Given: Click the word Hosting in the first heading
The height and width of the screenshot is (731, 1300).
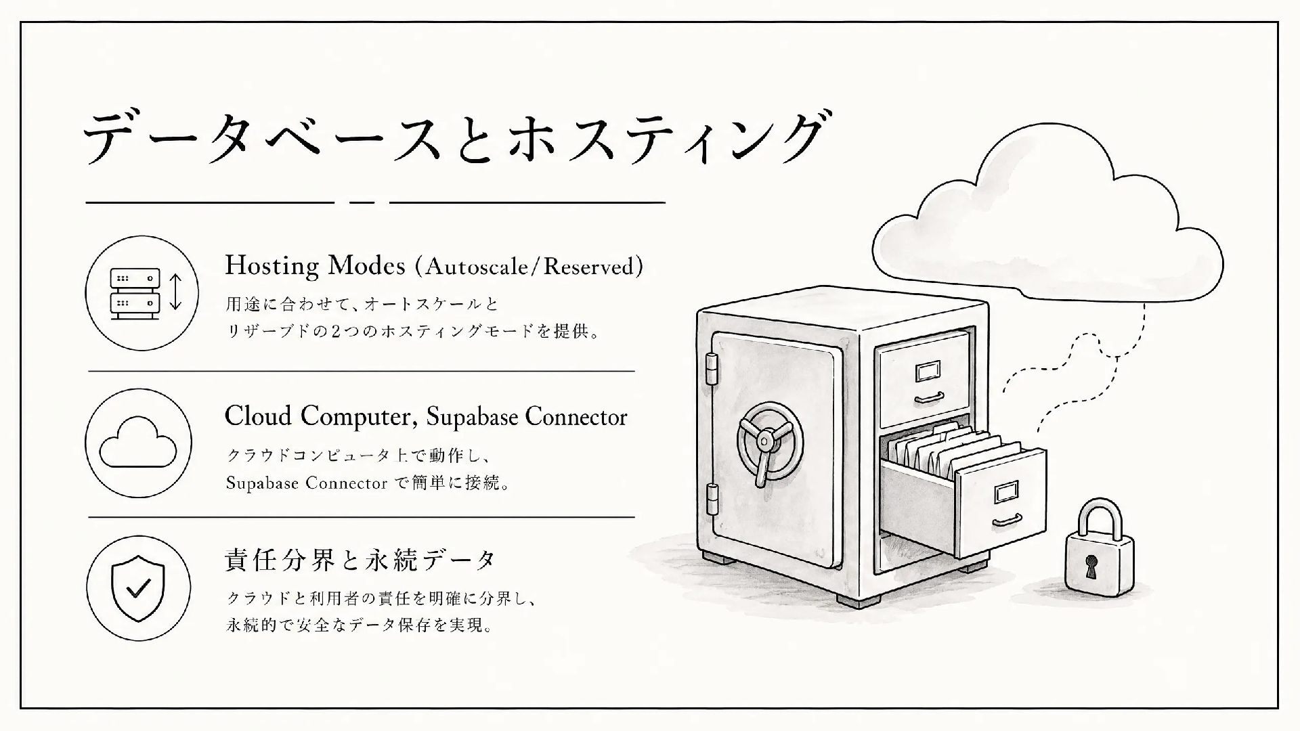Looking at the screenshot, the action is [272, 266].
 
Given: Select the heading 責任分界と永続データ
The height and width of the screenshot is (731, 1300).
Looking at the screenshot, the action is [360, 560].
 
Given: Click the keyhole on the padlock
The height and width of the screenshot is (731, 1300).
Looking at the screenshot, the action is [1091, 566].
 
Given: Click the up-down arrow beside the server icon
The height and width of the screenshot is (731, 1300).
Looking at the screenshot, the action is [175, 292].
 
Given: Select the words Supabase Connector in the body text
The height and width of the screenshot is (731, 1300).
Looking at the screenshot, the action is [307, 483].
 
